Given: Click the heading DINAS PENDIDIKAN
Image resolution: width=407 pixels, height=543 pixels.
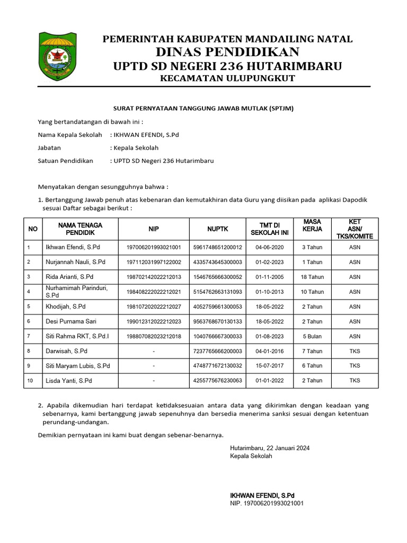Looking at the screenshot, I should click(227, 51).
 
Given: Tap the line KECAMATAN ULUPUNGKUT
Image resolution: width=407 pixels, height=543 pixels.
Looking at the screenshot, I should click(227, 78).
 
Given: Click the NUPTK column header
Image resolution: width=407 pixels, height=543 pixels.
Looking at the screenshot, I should click(217, 229).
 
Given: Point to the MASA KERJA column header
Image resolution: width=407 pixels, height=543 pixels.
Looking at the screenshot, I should click(312, 225).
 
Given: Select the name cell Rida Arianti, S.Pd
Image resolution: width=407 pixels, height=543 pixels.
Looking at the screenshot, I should click(69, 277).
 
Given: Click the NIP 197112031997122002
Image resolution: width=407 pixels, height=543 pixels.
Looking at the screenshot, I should click(154, 262).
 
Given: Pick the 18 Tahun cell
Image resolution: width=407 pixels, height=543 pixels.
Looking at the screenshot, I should click(312, 277).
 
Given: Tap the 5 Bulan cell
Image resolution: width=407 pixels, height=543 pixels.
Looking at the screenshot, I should click(312, 336).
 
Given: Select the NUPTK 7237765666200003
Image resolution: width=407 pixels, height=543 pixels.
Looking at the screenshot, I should click(217, 351).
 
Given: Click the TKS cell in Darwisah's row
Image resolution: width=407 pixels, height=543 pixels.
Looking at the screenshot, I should click(355, 351).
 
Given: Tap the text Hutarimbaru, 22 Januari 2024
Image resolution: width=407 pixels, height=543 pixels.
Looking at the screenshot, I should click(270, 448).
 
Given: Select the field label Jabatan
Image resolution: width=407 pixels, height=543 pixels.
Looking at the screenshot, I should click(49, 148).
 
